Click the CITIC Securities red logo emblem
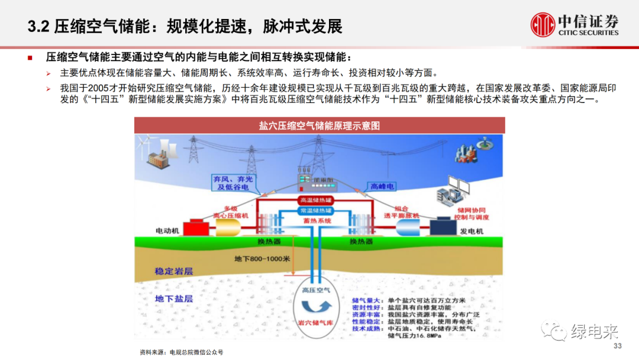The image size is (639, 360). coord(543,25)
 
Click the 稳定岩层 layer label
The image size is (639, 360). coord(174,271)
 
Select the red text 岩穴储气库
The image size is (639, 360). coord(320,323)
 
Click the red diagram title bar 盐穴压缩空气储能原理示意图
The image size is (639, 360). coord(319,126)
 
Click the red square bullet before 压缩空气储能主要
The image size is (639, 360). coord(30,58)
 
